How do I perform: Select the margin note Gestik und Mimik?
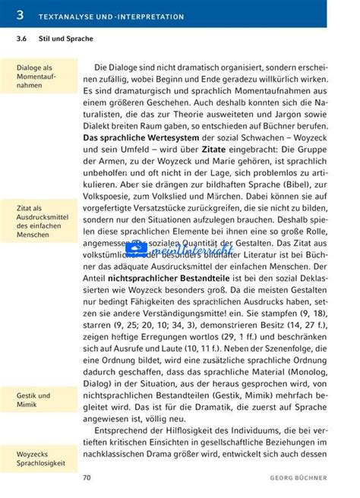click(34, 400)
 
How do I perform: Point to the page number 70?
click(87, 478)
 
